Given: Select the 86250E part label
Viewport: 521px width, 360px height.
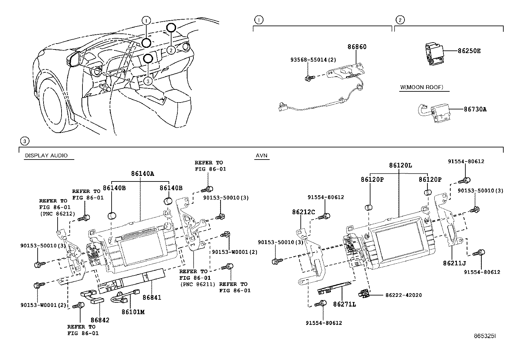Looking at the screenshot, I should pyautogui.click(x=469, y=51).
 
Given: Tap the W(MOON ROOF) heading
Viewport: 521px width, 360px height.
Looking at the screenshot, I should pyautogui.click(x=422, y=87).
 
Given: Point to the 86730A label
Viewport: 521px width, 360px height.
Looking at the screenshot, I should pyautogui.click(x=475, y=109).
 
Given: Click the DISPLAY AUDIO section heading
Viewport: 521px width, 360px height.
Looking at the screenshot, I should pyautogui.click(x=46, y=156).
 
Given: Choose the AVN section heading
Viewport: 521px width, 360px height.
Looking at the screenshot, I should pyautogui.click(x=262, y=156).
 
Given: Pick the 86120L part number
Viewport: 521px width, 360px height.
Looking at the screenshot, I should pyautogui.click(x=400, y=166).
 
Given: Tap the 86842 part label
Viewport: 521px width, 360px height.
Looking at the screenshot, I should pyautogui.click(x=100, y=320).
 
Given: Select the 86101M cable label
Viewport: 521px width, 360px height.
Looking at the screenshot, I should pyautogui.click(x=133, y=312).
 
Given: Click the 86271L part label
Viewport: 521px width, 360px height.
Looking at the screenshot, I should pyautogui.click(x=344, y=304).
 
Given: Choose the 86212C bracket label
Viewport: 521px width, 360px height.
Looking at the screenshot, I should pyautogui.click(x=303, y=212).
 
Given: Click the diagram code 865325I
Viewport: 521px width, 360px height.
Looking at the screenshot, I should pyautogui.click(x=485, y=336).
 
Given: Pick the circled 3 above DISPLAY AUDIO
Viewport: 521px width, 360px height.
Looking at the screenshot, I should pyautogui.click(x=24, y=141).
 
